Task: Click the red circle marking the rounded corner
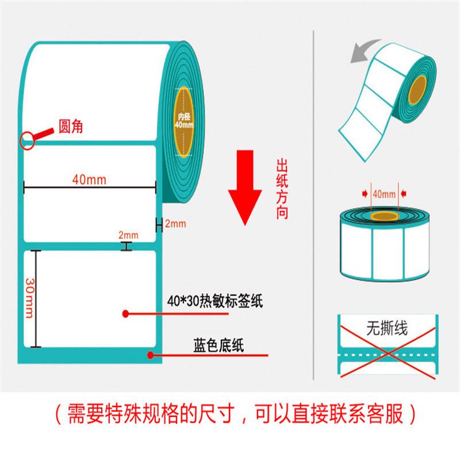27,140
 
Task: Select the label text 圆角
71,128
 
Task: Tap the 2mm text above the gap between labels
128,235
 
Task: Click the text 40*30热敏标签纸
214,301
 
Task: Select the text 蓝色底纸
218,346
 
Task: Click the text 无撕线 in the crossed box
386,329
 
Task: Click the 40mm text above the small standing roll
384,194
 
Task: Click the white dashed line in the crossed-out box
386,355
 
